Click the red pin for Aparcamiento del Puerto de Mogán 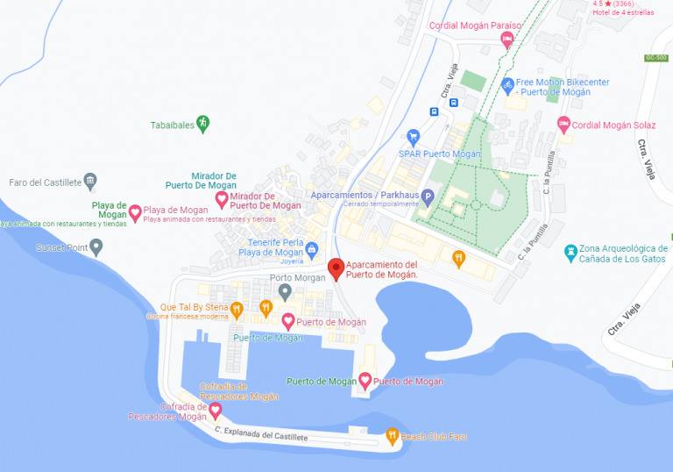point(336,268)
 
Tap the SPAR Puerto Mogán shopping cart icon point(414,137)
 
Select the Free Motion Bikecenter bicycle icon point(507,85)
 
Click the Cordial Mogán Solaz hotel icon point(563,124)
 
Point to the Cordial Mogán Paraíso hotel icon point(507,39)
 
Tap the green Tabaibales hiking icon point(203,123)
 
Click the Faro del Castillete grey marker point(90,182)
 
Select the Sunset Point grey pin point(96,247)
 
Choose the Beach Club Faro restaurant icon point(393,435)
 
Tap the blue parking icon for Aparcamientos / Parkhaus point(428,196)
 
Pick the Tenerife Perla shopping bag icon point(311,247)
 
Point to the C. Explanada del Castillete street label point(261,433)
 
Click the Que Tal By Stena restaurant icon point(237,308)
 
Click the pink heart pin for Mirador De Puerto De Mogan point(222,200)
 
